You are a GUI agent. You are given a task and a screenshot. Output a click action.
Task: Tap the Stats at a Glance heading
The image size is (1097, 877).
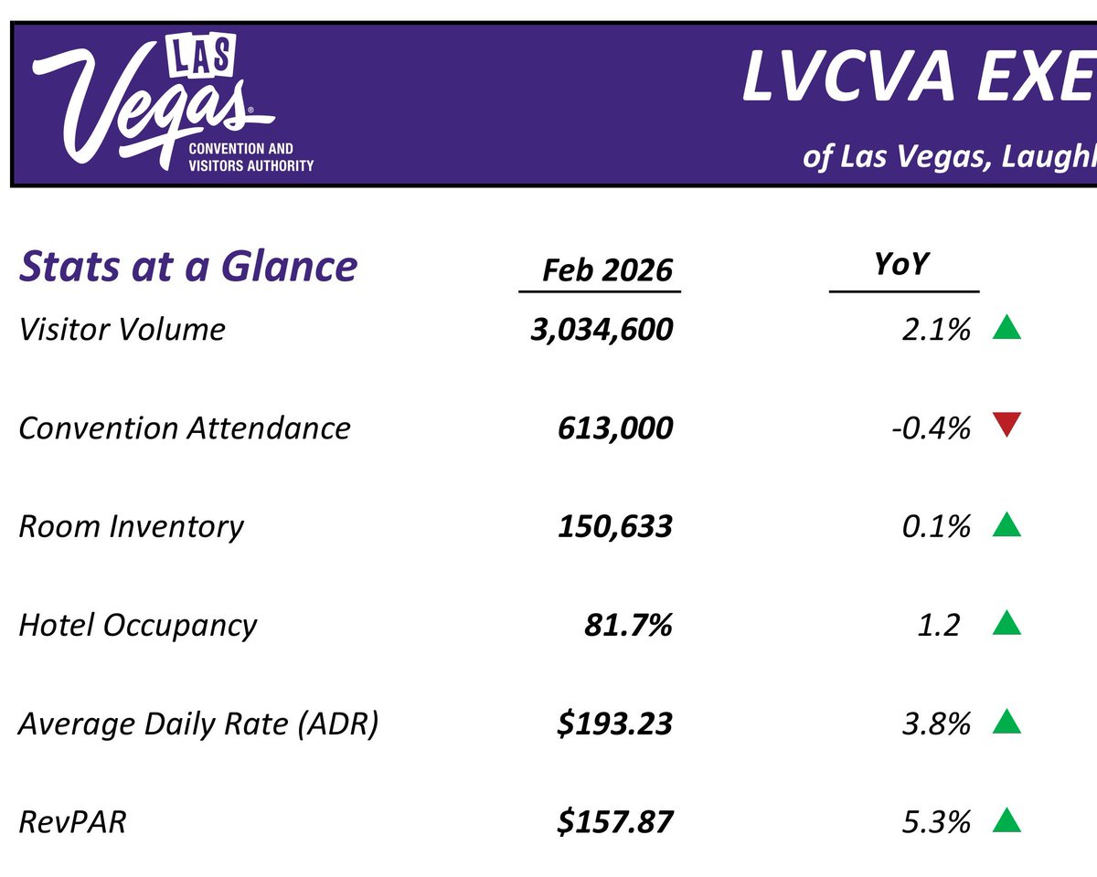point(188,267)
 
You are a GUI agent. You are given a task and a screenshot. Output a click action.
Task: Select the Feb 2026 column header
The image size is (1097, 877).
point(607,270)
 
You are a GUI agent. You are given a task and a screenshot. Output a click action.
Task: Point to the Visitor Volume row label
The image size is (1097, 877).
point(122,329)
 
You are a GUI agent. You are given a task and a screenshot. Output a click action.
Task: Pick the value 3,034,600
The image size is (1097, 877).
point(602,329)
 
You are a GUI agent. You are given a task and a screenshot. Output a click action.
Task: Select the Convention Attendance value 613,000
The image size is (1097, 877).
point(615,428)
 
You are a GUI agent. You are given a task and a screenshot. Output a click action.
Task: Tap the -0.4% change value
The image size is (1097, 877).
point(930,428)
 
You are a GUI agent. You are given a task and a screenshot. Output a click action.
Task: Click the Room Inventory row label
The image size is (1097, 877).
point(132,526)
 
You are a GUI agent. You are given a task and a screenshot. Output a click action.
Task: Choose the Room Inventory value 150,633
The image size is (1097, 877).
point(615,526)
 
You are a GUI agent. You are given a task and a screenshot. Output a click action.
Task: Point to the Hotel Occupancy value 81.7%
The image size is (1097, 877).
point(628,625)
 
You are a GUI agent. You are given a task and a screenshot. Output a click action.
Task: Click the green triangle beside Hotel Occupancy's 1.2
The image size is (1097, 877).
point(1006,623)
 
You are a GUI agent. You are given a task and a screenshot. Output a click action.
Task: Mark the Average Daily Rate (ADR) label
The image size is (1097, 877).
point(198,724)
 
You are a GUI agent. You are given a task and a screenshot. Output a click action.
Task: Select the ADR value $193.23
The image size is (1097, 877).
point(615,724)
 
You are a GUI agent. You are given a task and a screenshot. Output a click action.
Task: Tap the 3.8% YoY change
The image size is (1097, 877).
point(935,724)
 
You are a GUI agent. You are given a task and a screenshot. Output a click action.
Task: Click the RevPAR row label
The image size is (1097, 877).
point(72,822)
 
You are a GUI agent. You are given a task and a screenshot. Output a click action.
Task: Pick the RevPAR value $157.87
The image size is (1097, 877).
point(615,822)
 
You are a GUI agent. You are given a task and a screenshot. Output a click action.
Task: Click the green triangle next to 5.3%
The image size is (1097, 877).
point(1006,820)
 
